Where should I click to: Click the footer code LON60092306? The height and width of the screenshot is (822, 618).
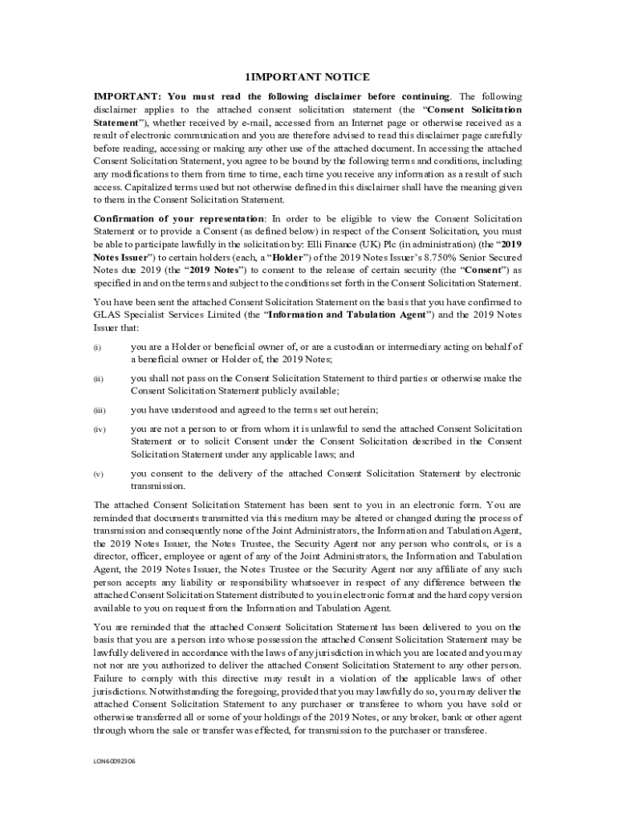click(114, 760)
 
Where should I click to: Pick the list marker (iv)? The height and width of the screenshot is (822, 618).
click(99, 429)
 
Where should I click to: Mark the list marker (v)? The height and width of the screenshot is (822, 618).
click(97, 474)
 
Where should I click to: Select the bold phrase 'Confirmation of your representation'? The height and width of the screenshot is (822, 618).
click(177, 218)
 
